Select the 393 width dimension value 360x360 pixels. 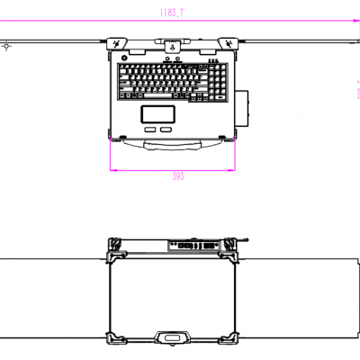[177, 176]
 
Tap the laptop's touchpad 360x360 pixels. [157, 113]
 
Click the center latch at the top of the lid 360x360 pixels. [171, 42]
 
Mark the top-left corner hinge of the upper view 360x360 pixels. [118, 43]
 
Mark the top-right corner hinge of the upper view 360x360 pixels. [225, 43]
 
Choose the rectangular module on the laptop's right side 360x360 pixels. [243, 106]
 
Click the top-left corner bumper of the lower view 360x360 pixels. [113, 245]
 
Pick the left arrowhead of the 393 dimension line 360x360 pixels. [112, 168]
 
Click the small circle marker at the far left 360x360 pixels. [7, 42]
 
